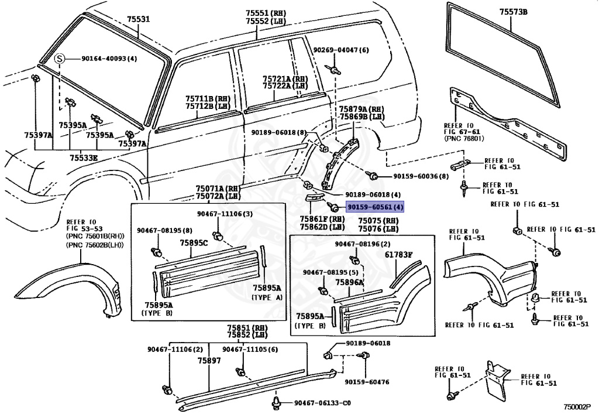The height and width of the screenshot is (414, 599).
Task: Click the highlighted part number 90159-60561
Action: pos(375,207)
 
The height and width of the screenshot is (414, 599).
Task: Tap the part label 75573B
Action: pos(513,12)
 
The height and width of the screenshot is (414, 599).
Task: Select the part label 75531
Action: pos(139,19)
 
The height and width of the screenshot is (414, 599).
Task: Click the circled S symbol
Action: pos(59,59)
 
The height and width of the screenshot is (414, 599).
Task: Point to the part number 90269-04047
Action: pos(340,50)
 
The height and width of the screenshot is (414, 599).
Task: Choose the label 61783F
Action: pos(398,255)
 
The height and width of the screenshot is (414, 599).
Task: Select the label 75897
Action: pos(209,361)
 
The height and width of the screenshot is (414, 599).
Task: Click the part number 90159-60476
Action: pos(367,382)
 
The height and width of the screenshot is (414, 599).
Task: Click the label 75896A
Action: pos(350,282)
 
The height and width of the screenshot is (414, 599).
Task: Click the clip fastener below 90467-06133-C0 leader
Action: pos(276,403)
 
